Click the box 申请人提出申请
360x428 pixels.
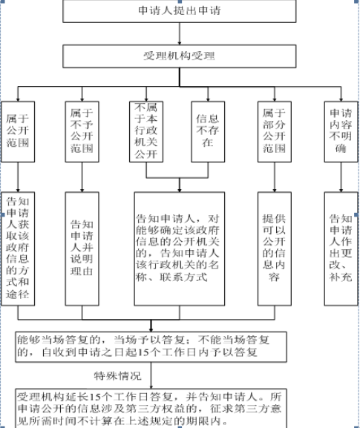(180, 11)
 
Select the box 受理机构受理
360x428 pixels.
(180, 56)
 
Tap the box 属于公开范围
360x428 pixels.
(18, 131)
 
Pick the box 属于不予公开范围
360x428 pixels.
(82, 131)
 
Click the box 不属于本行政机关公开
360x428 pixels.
(146, 131)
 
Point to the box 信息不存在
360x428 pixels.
(208, 131)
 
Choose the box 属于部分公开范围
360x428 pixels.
(275, 131)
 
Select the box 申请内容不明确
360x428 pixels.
(341, 131)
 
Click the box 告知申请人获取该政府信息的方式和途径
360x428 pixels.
(18, 248)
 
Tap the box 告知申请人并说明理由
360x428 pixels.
(82, 248)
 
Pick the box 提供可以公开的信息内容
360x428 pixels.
(275, 248)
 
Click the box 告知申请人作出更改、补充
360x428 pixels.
(341, 248)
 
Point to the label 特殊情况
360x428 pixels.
(118, 376)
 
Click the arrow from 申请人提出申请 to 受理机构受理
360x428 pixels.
(180, 33)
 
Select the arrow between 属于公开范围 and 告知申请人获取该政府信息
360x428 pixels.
(18, 177)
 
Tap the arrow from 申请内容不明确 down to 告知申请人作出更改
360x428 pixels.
(341, 177)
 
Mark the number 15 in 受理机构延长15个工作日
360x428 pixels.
(94, 397)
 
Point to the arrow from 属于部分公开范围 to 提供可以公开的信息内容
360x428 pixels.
(275, 177)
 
